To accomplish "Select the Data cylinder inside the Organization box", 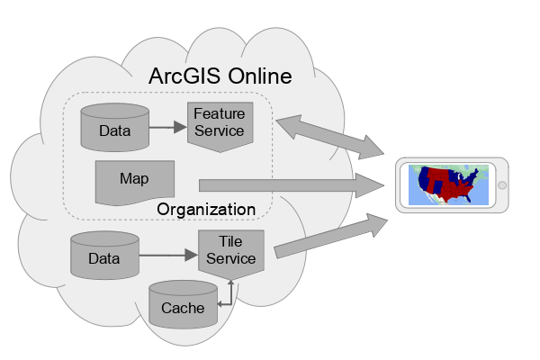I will point(114,129).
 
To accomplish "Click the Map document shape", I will point(134,180).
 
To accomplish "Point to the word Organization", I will point(206,210).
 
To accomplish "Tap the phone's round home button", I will point(501,185).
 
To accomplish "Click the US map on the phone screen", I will point(449,184).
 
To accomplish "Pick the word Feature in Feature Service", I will point(219,114).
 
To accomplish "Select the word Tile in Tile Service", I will point(231,242).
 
